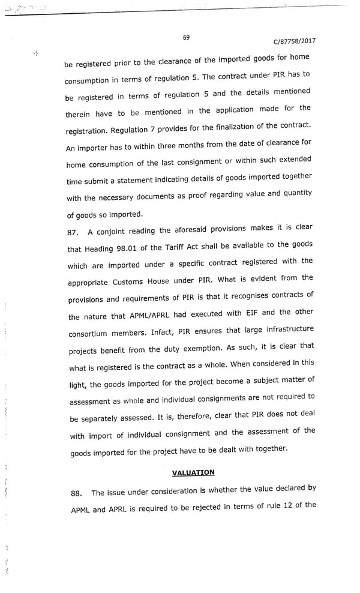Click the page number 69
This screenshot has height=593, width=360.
point(186,37)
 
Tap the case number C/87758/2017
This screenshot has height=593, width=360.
point(294,41)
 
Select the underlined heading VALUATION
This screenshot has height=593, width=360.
point(193,472)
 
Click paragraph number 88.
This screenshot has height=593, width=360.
point(76,493)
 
